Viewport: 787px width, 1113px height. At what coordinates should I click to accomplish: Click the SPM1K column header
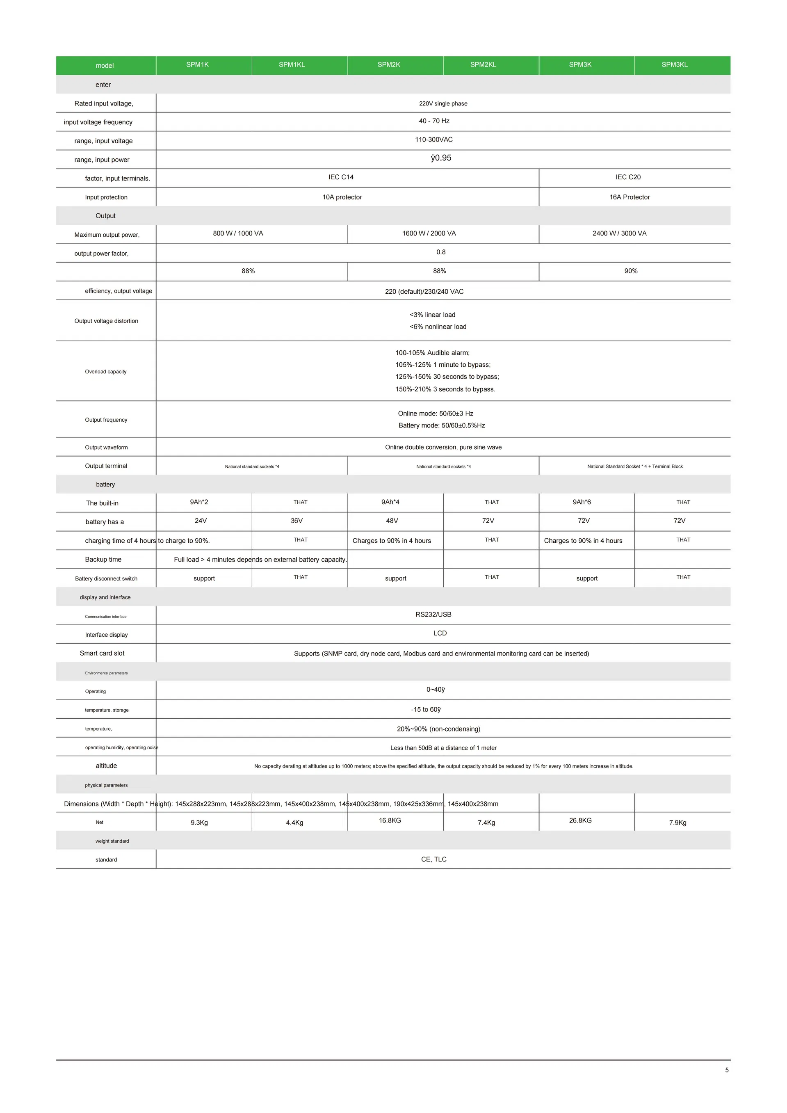point(197,64)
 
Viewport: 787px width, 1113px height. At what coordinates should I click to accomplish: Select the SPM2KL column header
point(483,64)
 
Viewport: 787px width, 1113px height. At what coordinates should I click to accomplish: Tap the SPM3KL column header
point(675,64)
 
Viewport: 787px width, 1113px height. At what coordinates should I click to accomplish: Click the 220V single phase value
point(443,103)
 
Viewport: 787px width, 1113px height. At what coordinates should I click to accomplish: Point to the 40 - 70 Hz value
point(434,121)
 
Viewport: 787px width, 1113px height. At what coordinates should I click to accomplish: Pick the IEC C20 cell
point(628,177)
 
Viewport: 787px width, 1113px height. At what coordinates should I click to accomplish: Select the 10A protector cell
point(342,197)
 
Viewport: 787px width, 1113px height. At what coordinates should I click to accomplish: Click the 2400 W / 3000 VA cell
point(619,233)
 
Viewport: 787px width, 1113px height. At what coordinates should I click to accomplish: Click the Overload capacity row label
point(106,371)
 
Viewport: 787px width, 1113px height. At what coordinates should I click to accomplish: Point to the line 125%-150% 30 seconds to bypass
point(447,377)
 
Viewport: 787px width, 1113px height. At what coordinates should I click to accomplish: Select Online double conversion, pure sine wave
point(443,447)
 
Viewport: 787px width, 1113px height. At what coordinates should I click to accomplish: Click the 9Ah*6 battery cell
point(582,502)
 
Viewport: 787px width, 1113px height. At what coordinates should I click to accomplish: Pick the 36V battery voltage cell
point(297,521)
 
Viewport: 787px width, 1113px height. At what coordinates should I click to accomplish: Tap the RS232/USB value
point(433,614)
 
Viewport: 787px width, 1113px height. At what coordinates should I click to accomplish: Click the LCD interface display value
point(440,633)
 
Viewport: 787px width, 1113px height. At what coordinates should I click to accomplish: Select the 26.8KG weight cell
point(580,820)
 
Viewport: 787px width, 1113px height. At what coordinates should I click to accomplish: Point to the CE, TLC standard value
point(434,859)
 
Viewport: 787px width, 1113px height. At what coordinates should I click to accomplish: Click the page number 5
point(726,1070)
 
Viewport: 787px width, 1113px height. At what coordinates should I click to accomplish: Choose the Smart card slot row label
point(102,653)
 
